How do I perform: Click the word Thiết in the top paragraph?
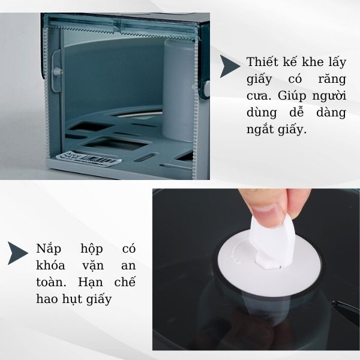click(x=261, y=62)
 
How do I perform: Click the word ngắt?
click(x=261, y=130)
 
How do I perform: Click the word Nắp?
click(x=50, y=248)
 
